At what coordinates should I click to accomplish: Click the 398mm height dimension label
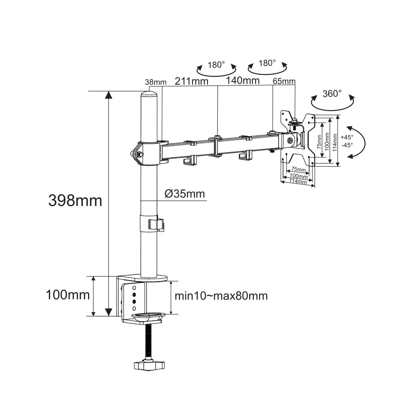(x=75, y=201)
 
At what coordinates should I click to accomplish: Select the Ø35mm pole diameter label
(x=185, y=194)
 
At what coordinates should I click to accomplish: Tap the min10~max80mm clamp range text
(x=221, y=296)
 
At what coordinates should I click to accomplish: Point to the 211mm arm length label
(x=191, y=81)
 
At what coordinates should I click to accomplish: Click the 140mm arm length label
(x=243, y=80)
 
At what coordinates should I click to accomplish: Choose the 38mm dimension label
(x=156, y=82)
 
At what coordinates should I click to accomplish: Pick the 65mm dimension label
(x=284, y=81)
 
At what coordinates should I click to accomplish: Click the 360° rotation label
(x=332, y=94)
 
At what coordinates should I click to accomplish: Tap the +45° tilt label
(x=347, y=137)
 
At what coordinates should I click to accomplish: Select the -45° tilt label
(x=348, y=145)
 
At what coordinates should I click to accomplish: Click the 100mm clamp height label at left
(x=68, y=295)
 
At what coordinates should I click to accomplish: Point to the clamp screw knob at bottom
(x=149, y=365)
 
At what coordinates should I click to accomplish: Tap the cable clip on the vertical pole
(x=156, y=224)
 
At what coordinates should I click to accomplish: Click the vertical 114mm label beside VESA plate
(x=335, y=143)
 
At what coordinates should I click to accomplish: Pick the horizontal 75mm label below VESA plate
(x=299, y=169)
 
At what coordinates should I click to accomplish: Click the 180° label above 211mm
(x=216, y=64)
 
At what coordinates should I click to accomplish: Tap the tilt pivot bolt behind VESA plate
(x=290, y=141)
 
